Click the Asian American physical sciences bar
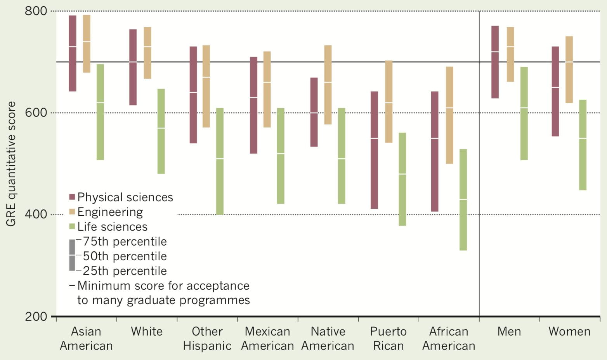coord(73,54)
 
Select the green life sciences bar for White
coord(161,131)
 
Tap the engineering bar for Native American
coord(328,85)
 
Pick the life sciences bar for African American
coord(463,200)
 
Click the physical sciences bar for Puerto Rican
coord(374,150)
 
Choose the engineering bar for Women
coord(569,69)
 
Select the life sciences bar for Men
coord(524,113)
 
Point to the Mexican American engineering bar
coord(267,89)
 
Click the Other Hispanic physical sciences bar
coord(193,95)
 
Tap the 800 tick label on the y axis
coord(36,11)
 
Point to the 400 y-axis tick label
coord(36,214)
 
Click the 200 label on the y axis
coord(36,317)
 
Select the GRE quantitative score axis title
coord(11,164)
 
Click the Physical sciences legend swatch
coord(72,197)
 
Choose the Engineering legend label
coord(110,212)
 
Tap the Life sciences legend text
coord(113,227)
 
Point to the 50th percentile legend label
coord(125,256)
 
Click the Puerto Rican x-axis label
coord(388,338)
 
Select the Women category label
coord(569,331)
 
